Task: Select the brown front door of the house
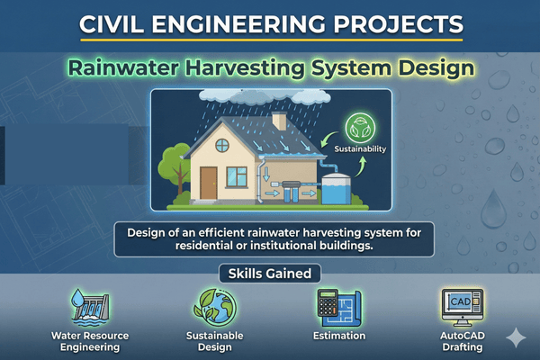point(208,183)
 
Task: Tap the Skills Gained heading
point(269,272)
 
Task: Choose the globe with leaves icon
point(215,306)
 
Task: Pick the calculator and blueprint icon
point(338,306)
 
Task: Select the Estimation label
point(338,336)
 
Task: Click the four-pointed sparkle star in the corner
point(516,337)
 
